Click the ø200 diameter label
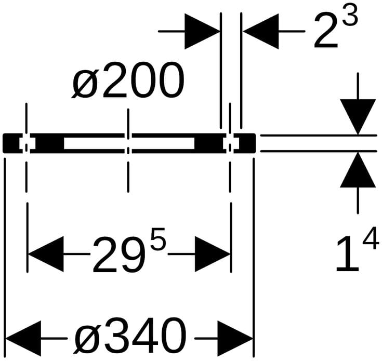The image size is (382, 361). (x=128, y=82)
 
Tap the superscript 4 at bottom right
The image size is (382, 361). (x=370, y=242)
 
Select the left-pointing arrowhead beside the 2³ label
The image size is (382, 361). (x=261, y=31)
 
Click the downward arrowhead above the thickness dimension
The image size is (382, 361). (x=358, y=116)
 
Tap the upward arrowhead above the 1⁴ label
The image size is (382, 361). (x=358, y=170)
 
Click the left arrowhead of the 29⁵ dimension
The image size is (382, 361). (x=45, y=255)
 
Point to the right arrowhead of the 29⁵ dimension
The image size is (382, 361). (x=212, y=255)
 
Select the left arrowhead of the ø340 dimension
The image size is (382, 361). (x=23, y=336)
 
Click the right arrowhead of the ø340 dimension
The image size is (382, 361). (x=234, y=336)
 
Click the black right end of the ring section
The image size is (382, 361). (x=245, y=143)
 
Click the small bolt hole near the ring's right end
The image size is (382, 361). (x=230, y=143)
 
